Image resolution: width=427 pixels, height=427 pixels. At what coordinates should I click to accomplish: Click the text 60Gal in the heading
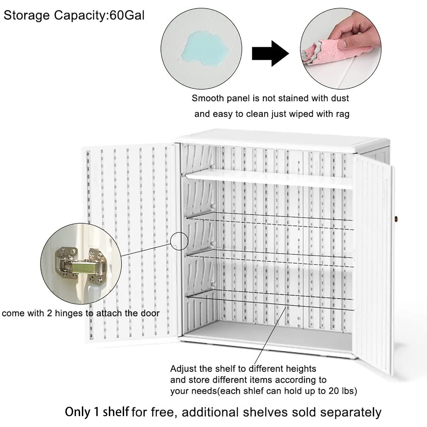click(x=127, y=15)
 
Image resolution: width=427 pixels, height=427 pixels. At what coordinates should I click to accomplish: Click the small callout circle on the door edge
click(x=179, y=241)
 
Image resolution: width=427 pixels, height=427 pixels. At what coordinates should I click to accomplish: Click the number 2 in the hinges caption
click(x=49, y=313)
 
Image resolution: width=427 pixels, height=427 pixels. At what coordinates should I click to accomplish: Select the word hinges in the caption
click(x=69, y=313)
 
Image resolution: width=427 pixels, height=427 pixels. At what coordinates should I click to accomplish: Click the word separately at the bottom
click(x=351, y=412)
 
